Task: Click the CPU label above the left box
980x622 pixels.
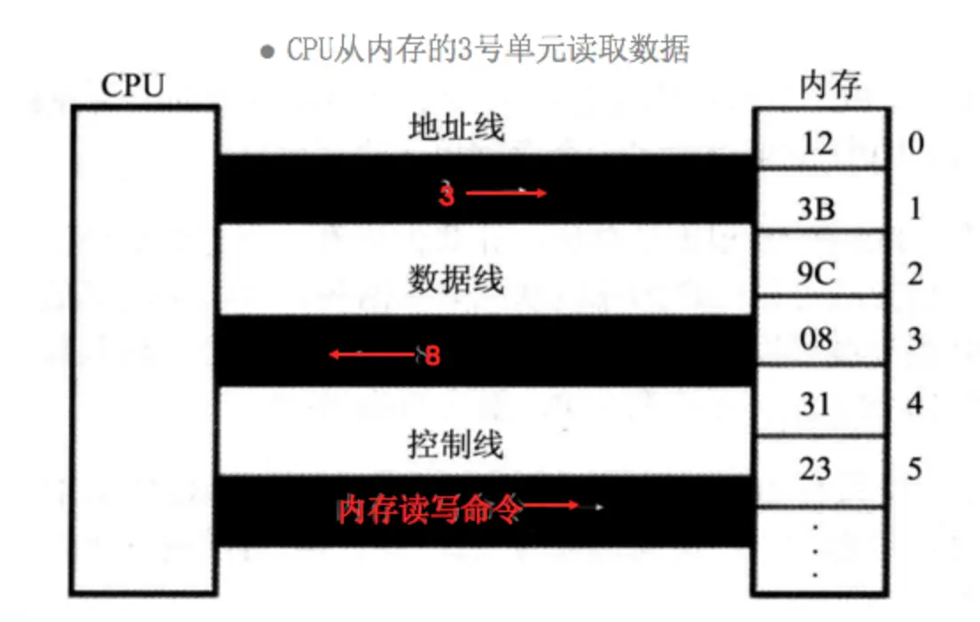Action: [x=132, y=86]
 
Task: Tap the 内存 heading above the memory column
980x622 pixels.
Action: [x=829, y=86]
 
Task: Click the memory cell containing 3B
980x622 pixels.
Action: [x=817, y=209]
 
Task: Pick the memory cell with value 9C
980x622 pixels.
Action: [x=817, y=274]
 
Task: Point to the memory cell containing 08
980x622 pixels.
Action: [x=817, y=338]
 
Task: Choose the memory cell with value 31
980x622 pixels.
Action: [x=817, y=404]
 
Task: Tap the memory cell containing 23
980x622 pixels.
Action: [x=817, y=468]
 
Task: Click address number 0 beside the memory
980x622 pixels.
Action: [x=914, y=143]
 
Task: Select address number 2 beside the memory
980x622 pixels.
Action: [x=914, y=274]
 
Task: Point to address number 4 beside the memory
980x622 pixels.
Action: [x=914, y=404]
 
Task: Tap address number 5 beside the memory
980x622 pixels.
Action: [x=914, y=468]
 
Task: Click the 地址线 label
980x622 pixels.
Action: [x=455, y=128]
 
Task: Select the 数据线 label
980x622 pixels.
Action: [x=455, y=280]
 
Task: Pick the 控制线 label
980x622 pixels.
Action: [x=455, y=443]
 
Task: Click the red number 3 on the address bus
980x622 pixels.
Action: [x=447, y=195]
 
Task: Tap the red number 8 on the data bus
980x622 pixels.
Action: [x=432, y=356]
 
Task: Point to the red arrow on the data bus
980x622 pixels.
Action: [x=372, y=355]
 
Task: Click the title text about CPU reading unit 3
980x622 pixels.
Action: [x=486, y=49]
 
